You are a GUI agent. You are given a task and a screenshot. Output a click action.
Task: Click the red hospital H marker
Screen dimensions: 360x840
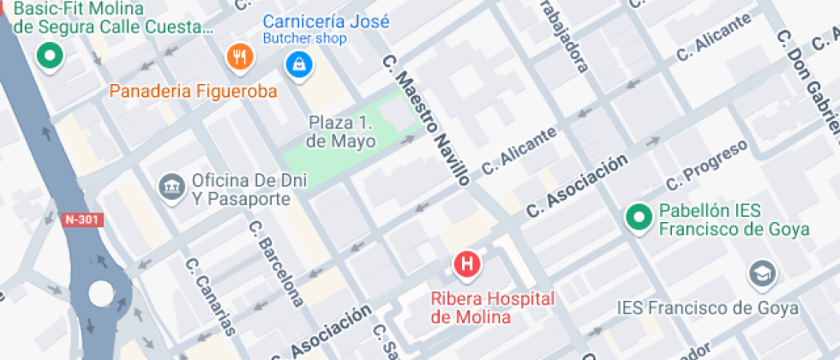coord(467,263)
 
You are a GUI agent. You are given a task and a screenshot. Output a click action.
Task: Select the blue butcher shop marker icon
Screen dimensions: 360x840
coord(298,63)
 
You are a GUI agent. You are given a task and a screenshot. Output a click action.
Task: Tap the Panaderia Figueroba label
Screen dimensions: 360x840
coord(193,91)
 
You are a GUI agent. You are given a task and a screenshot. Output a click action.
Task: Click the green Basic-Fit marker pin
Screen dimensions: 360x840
coord(49,57)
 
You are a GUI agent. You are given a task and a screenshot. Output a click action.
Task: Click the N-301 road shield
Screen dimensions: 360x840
coord(82,219)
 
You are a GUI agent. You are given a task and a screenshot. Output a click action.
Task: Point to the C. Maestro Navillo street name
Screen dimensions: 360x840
coord(426,120)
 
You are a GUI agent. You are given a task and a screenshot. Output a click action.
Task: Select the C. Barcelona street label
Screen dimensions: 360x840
coord(275,263)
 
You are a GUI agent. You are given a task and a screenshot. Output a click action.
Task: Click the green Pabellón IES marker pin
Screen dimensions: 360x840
coord(638,217)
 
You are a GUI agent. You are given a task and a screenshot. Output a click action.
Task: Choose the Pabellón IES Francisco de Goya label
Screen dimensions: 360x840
coord(733,219)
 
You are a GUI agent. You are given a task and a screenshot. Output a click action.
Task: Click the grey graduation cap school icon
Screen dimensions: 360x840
coord(759,274)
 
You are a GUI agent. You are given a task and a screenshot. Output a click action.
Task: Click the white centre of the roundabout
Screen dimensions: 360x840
coord(101,292)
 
